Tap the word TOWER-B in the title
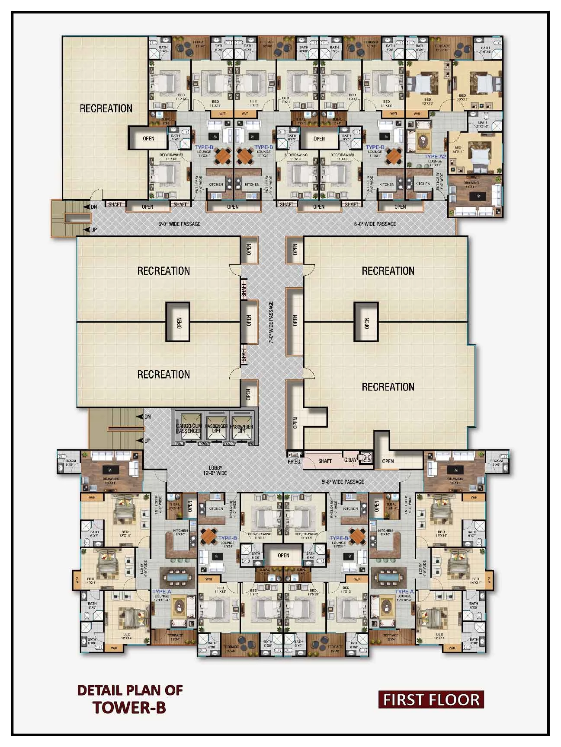pos(129,707)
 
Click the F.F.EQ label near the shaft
pos(294,461)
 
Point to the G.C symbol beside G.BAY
pos(367,458)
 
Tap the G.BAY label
pos(350,461)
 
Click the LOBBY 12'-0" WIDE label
pos(218,470)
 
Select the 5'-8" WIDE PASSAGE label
pos(343,482)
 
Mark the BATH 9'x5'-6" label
pos(483,124)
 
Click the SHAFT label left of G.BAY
pos(325,461)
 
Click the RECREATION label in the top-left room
pos(106,108)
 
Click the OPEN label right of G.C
pos(388,461)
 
